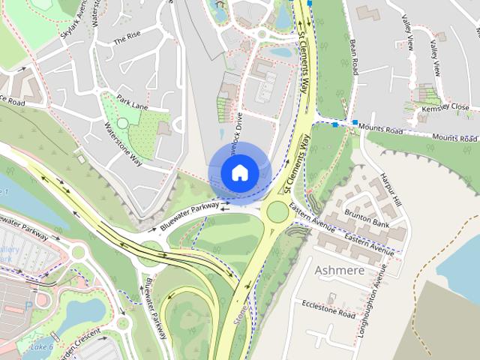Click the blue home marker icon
point(238,172)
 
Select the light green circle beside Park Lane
point(122,123)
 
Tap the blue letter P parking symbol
point(28,307)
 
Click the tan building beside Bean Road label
point(367,13)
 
